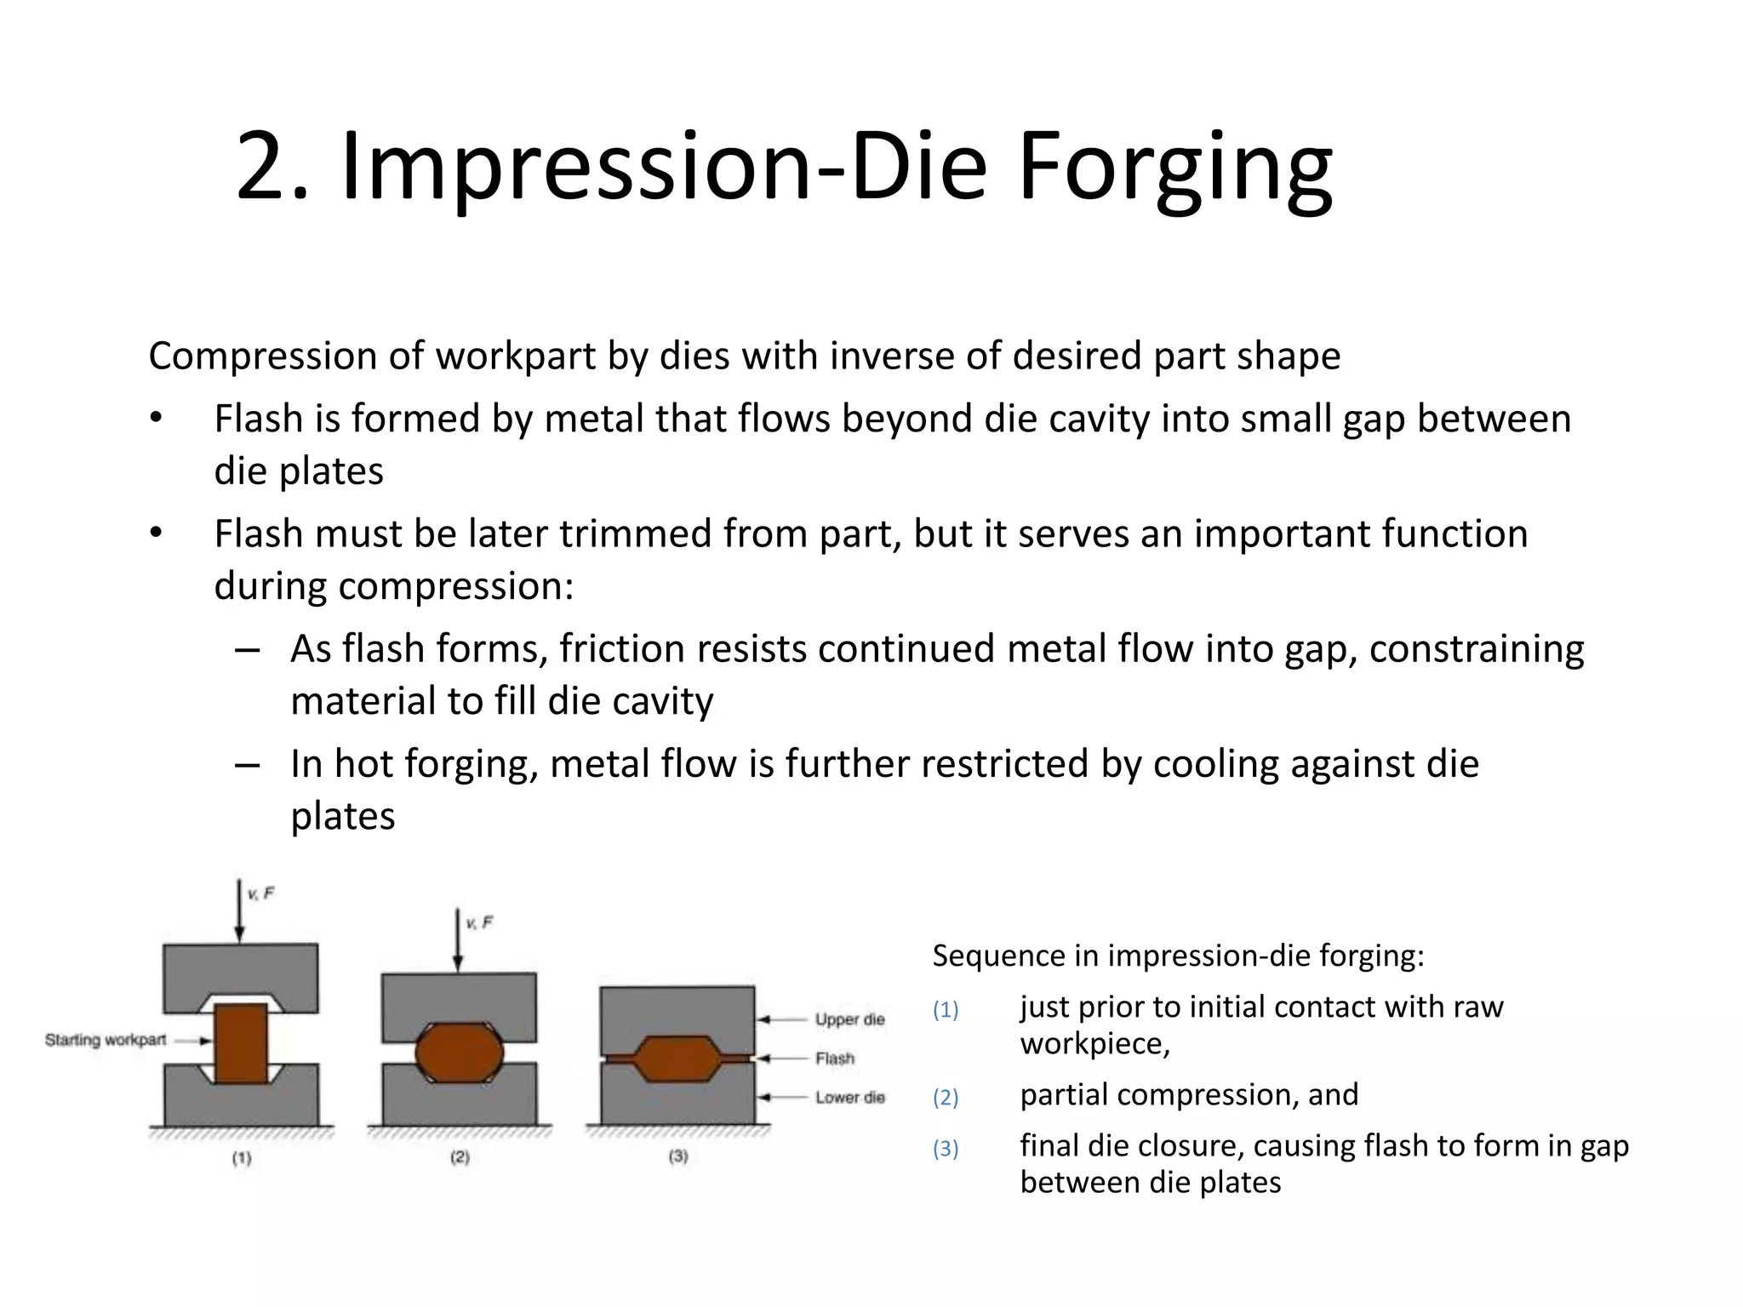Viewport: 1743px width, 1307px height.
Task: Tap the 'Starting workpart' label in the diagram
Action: pos(106,1040)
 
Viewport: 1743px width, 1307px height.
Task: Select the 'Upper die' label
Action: pos(849,1019)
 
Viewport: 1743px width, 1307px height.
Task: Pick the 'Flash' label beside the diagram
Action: pos(834,1059)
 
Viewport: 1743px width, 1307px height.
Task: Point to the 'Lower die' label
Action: pos(849,1098)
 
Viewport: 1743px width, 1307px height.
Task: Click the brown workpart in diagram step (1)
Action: pos(241,1043)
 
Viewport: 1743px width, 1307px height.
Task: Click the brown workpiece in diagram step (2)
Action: pos(460,1053)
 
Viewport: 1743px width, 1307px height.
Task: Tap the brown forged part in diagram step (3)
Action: pos(677,1059)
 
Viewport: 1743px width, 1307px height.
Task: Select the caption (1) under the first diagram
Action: pos(242,1158)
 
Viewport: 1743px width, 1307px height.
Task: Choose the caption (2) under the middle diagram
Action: pos(460,1157)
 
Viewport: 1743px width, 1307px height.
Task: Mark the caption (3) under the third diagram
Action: pos(678,1156)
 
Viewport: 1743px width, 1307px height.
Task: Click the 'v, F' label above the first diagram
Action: pos(260,893)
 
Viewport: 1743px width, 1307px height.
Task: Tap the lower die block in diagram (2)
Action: pos(460,1102)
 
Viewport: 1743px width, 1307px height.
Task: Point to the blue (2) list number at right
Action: pos(946,1098)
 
